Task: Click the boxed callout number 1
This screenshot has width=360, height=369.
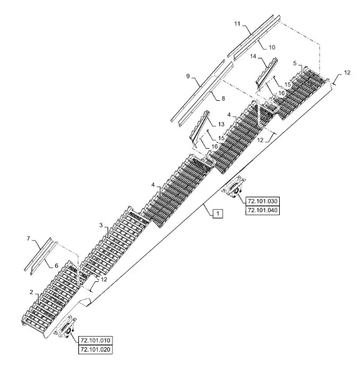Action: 218,213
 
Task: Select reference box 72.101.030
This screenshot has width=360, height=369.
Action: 262,201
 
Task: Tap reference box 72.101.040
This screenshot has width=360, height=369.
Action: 262,210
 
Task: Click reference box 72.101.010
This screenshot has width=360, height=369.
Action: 95,340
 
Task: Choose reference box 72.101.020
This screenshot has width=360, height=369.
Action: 95,350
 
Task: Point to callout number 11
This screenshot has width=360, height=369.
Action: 237,24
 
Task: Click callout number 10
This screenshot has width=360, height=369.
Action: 272,47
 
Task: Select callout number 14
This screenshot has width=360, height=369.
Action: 253,57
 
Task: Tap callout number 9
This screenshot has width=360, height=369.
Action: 188,77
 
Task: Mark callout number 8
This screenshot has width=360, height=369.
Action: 223,98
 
